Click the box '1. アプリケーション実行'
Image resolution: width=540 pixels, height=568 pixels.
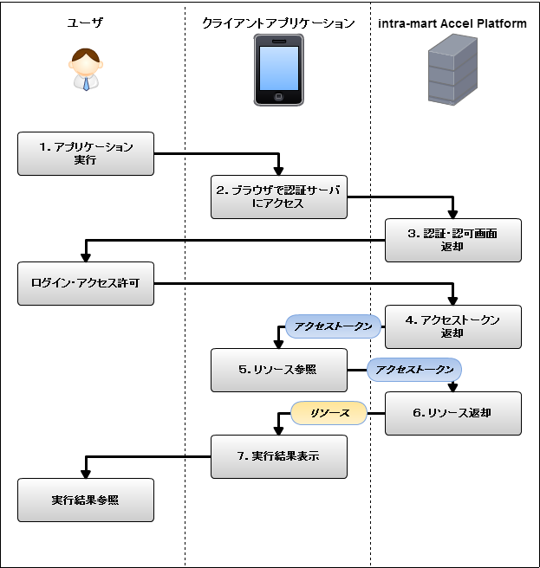click(x=86, y=153)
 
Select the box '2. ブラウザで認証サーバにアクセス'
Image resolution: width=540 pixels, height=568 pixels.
click(x=279, y=197)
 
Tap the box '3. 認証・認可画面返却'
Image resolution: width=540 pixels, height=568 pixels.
click(x=453, y=240)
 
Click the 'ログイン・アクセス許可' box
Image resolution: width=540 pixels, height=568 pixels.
click(x=86, y=283)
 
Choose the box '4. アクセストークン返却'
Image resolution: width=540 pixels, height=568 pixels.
click(x=453, y=326)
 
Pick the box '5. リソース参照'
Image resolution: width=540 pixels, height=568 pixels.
click(x=279, y=370)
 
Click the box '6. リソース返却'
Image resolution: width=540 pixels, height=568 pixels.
click(x=453, y=413)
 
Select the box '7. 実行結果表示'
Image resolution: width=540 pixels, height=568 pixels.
click(x=279, y=456)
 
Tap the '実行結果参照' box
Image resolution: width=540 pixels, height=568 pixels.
click(x=86, y=500)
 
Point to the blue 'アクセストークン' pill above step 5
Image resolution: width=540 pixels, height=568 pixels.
click(x=334, y=326)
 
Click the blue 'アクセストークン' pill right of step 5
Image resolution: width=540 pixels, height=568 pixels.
click(x=413, y=370)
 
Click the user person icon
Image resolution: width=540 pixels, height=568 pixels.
click(x=85, y=69)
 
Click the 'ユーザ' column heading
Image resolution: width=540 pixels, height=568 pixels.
click(x=85, y=23)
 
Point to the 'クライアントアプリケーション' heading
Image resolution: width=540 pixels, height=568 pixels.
click(x=279, y=23)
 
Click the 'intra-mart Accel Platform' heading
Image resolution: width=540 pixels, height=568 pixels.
click(x=453, y=23)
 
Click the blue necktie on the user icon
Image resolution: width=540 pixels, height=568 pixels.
click(x=86, y=83)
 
